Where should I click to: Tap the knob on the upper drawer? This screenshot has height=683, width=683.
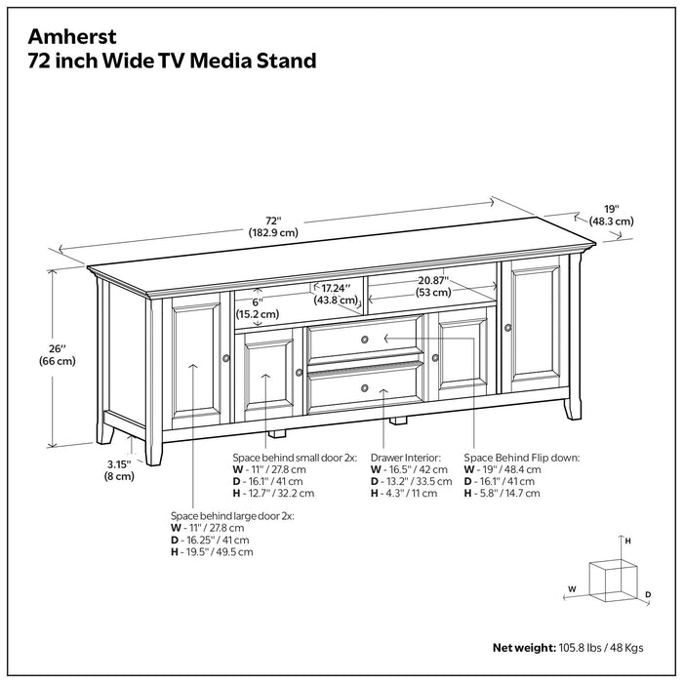[x=364, y=340]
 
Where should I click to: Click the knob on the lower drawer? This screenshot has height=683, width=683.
[x=364, y=388]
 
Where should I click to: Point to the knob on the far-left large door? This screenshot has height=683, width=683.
[x=225, y=358]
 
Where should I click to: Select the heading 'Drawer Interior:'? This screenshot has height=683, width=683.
[x=406, y=457]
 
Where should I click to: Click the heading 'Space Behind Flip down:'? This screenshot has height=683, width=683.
[x=521, y=457]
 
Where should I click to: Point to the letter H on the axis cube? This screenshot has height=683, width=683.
[x=628, y=540]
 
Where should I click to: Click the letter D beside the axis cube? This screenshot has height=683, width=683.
[x=647, y=593]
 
